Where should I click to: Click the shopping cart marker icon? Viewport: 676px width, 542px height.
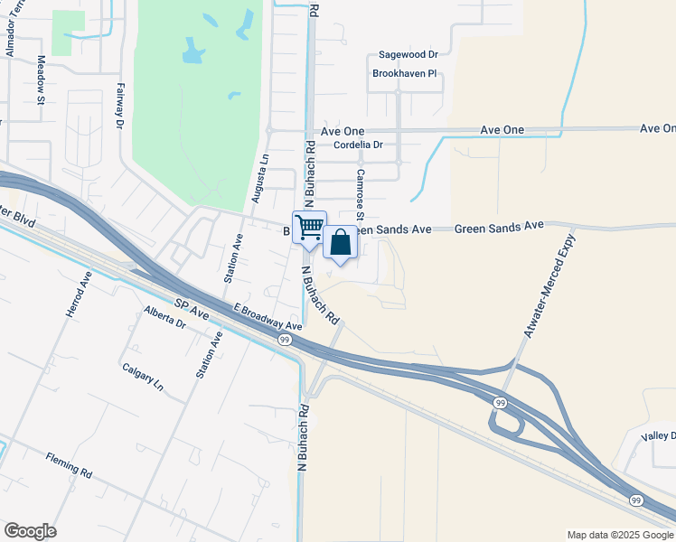click(x=309, y=227)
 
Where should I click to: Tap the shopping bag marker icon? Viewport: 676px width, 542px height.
click(x=340, y=242)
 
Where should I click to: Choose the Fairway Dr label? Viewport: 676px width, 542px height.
click(x=119, y=107)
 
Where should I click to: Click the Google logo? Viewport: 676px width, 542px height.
click(x=30, y=531)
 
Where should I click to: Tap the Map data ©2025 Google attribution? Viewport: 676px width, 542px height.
click(x=619, y=535)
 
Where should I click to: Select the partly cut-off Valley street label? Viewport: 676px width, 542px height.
click(x=658, y=436)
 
